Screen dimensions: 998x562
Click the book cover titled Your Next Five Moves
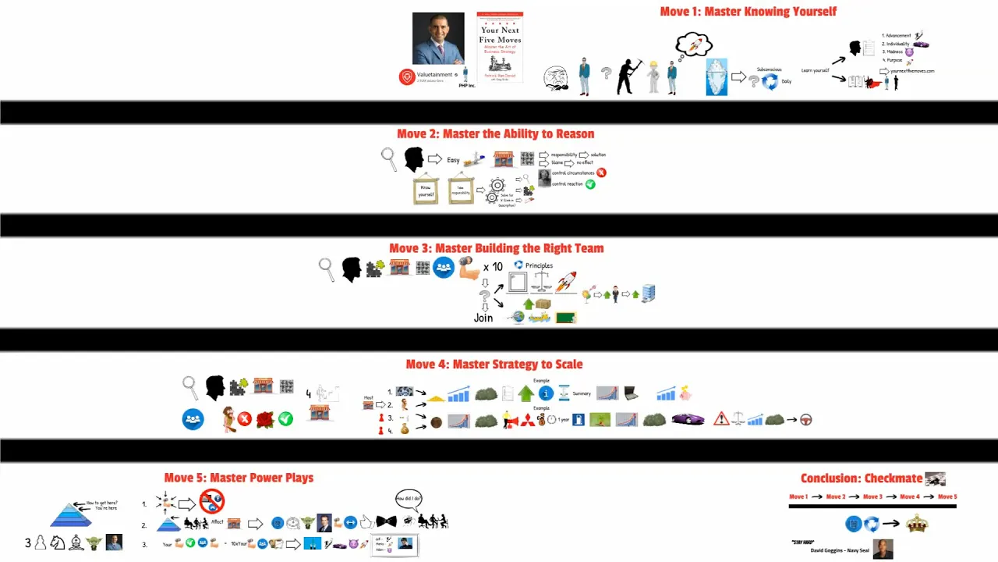coord(500,47)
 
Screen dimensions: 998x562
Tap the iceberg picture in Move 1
coord(717,76)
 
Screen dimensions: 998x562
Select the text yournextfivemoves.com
coord(907,71)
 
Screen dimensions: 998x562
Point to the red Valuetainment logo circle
coord(406,76)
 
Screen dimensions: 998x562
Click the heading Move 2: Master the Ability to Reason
coord(495,133)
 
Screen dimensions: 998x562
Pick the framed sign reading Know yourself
coord(426,190)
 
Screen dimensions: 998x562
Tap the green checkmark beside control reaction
coord(590,184)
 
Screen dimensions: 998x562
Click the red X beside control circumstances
coord(601,173)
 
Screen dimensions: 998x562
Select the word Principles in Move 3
coord(539,265)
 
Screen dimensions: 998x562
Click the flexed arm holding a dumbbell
coord(469,268)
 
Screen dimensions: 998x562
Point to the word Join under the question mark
coord(483,318)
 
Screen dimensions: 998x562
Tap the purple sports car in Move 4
coord(688,420)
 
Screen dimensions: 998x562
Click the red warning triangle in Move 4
coord(721,419)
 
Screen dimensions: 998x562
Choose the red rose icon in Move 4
coord(265,419)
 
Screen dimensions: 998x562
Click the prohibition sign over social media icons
coord(211,501)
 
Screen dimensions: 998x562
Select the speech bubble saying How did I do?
coord(409,497)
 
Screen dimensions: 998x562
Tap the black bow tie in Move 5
coord(386,521)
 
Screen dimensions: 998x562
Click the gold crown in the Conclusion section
coord(916,524)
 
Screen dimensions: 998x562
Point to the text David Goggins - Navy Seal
coord(832,551)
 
